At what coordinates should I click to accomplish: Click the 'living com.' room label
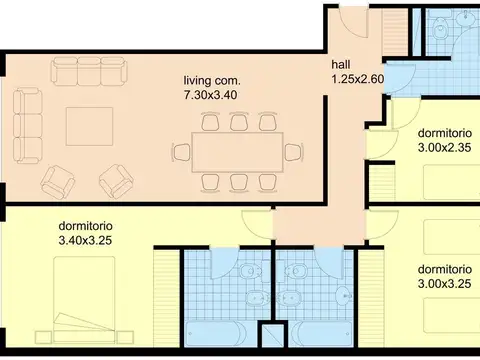(211, 80)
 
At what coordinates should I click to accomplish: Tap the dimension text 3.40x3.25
(85, 240)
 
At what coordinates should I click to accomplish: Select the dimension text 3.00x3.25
(444, 284)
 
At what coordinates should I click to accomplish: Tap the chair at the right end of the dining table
(293, 152)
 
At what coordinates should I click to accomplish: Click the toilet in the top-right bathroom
(440, 33)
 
